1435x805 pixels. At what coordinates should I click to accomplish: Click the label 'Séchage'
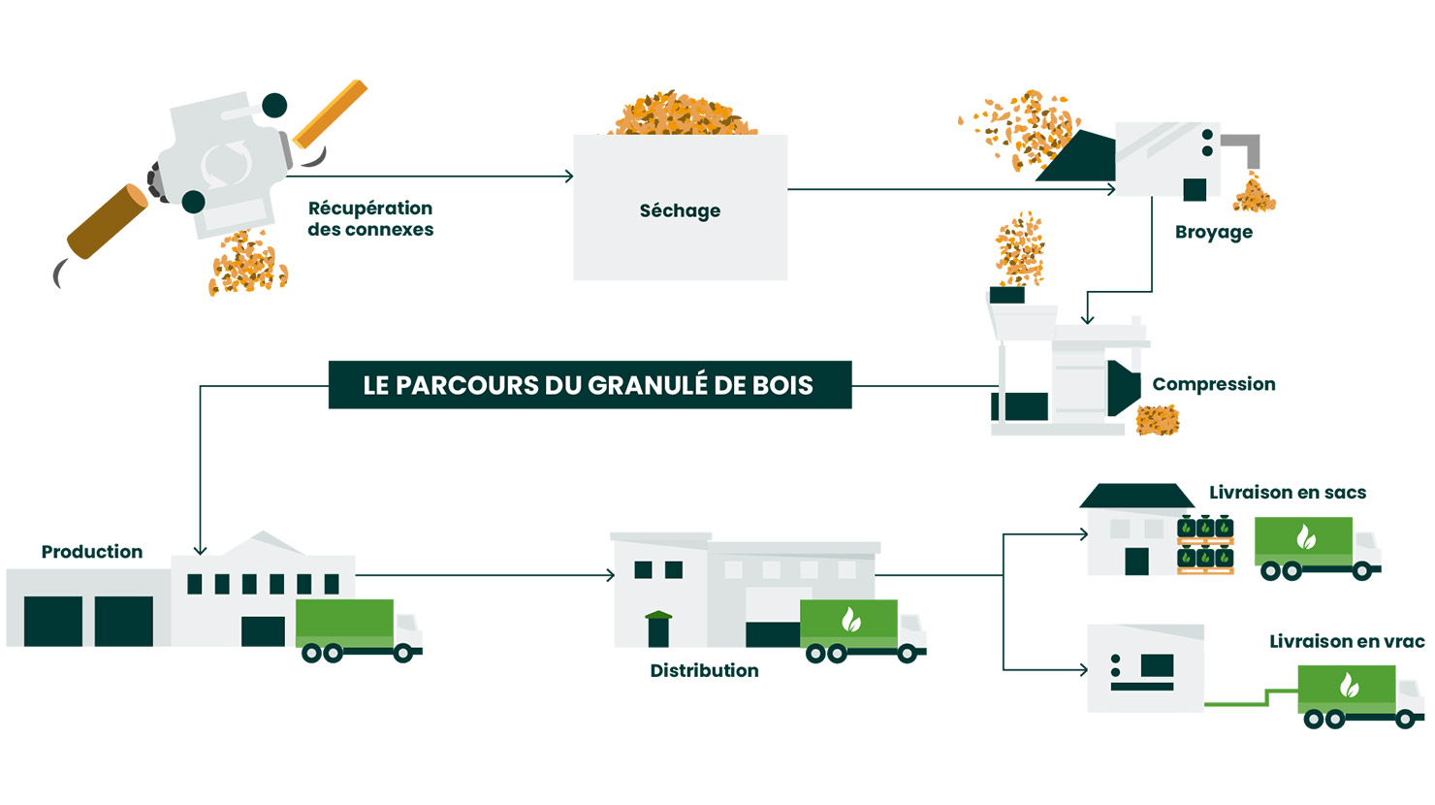680,210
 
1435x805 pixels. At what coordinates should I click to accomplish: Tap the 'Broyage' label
1213,232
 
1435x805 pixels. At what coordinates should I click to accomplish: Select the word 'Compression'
1213,384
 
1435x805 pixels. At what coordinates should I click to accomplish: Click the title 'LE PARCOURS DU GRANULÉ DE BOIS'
589,385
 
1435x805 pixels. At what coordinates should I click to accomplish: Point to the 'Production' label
91,552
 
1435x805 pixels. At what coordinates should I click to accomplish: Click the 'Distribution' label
704,670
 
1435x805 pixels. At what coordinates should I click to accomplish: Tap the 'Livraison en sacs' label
1287,493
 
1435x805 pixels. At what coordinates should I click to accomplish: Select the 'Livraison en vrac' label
1347,641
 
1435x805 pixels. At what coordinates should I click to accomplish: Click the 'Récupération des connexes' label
370,219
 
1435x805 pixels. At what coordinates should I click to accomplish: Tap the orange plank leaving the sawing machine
331,113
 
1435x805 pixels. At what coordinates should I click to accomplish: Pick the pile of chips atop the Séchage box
684,115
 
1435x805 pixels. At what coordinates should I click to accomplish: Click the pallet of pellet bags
1205,546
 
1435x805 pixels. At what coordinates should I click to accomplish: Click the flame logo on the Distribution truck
850,619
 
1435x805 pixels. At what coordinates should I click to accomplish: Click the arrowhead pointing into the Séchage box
569,177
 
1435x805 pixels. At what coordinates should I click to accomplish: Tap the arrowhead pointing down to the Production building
200,550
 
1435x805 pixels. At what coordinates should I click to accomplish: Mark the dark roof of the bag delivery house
1136,496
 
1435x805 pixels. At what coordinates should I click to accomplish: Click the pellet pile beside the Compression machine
1158,420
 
